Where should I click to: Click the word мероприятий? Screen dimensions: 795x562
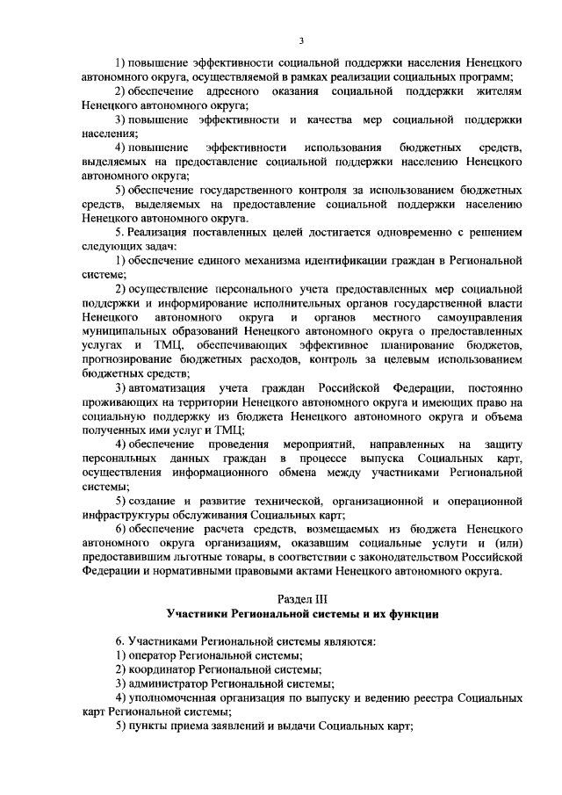(x=313, y=443)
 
